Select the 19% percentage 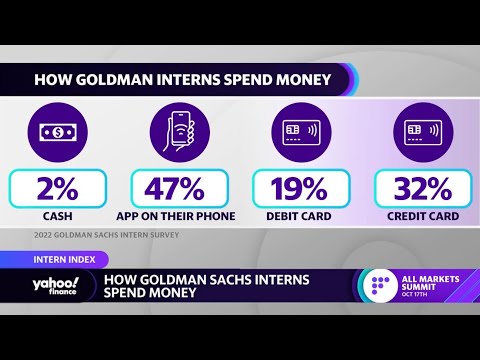click(300, 189)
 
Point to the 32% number click(420, 189)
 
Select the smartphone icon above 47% click(178, 131)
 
